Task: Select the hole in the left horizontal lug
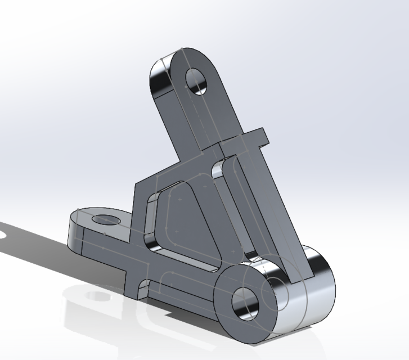click(x=105, y=219)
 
